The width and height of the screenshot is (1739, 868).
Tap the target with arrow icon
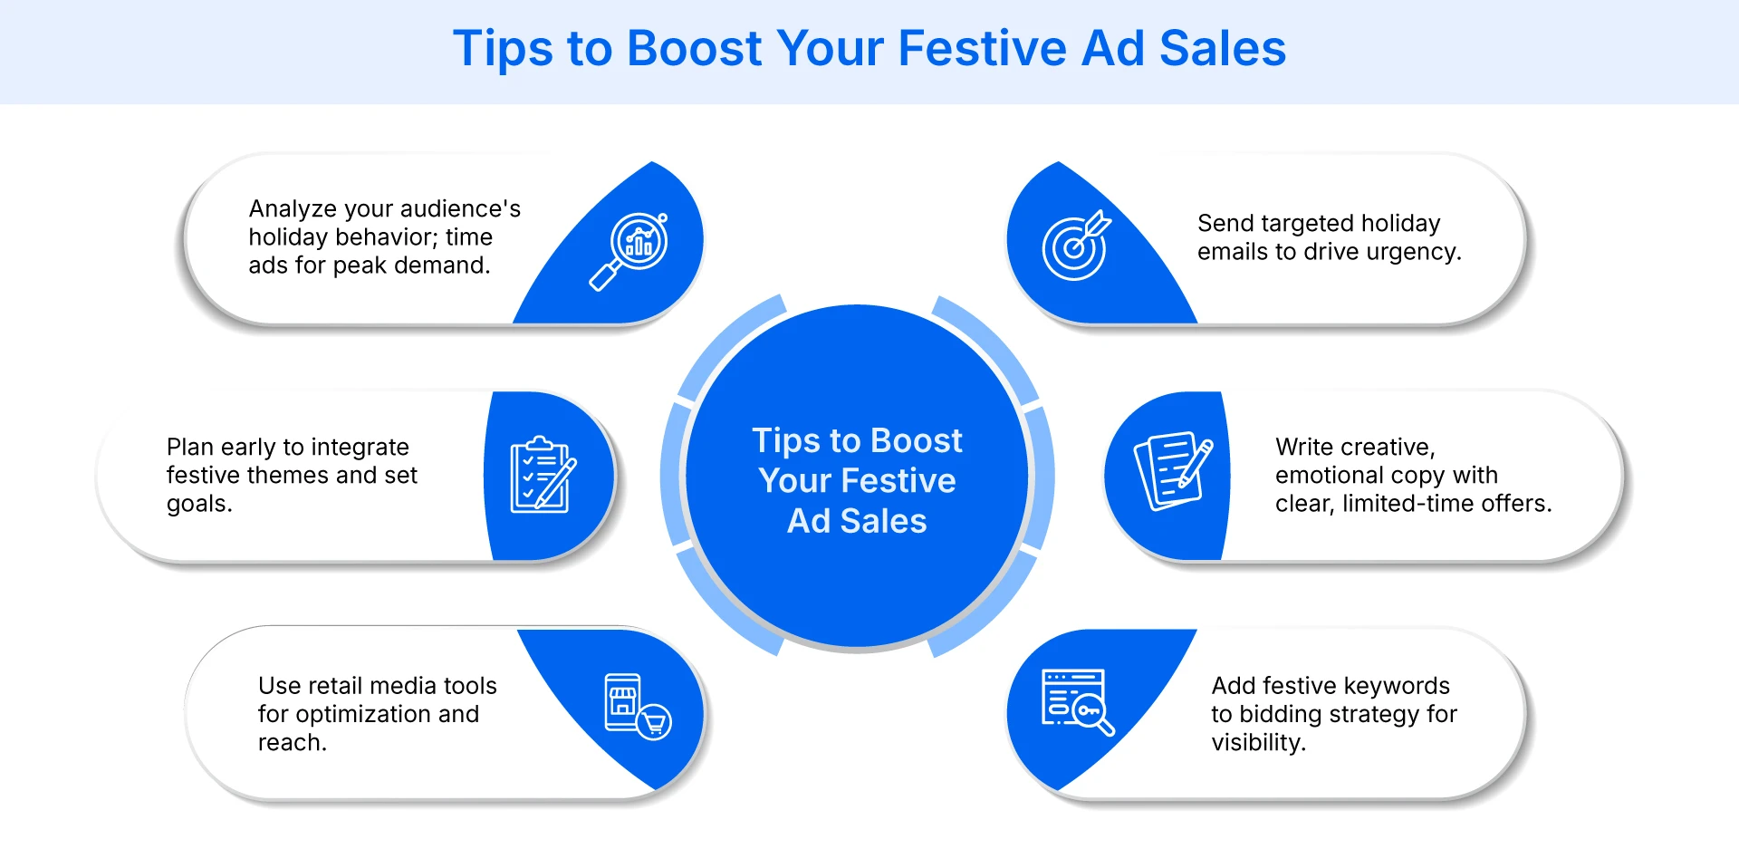pyautogui.click(x=1075, y=246)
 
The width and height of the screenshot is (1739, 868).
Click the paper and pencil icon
pyautogui.click(x=1173, y=470)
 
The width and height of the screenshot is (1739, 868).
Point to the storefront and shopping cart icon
pyautogui.click(x=637, y=707)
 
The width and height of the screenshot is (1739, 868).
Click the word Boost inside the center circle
pyautogui.click(x=917, y=441)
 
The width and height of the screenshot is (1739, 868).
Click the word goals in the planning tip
pyautogui.click(x=198, y=504)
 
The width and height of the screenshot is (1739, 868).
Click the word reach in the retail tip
pyautogui.click(x=291, y=743)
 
